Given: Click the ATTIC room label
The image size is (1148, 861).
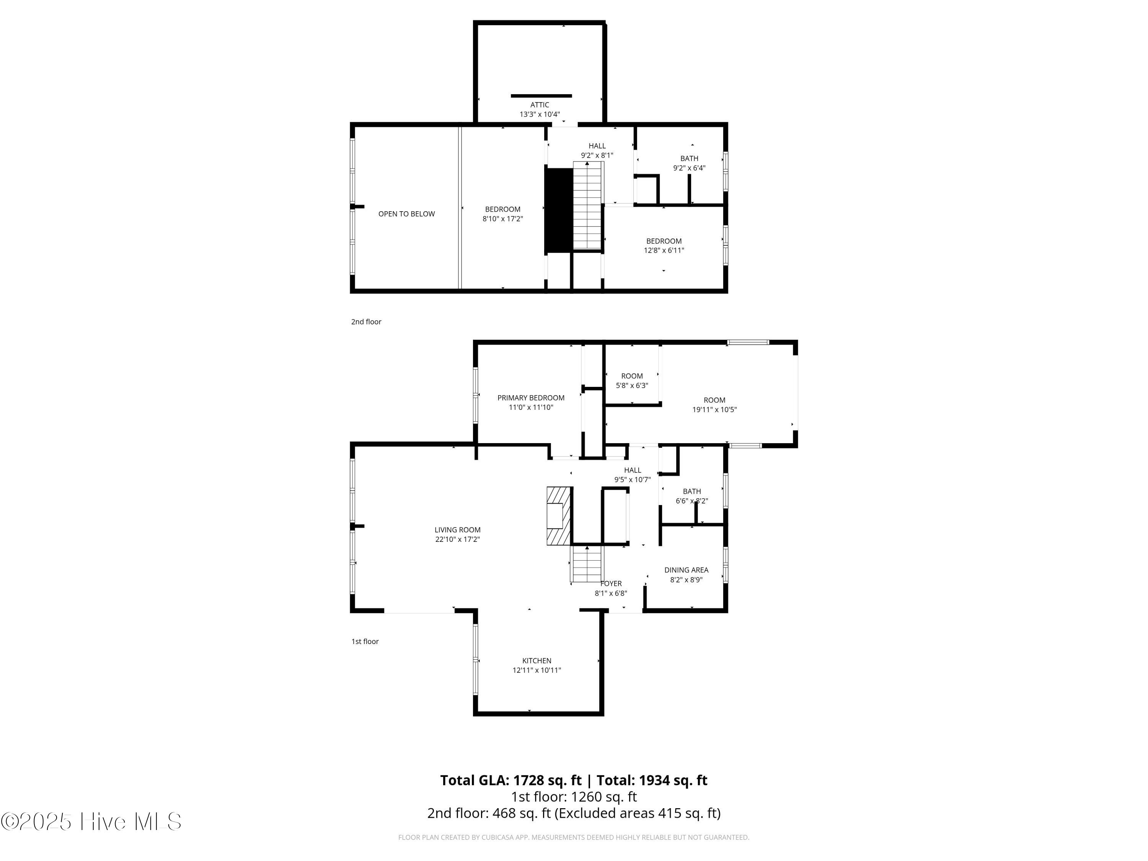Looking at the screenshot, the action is [540, 105].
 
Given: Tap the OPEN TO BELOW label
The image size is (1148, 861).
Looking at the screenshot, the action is [406, 214].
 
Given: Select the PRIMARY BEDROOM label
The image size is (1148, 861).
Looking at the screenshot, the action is [531, 398].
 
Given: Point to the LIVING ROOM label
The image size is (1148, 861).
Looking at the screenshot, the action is [457, 530].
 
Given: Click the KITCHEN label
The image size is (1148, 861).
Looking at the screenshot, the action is [536, 660].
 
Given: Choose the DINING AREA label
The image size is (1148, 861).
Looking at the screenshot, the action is [686, 570].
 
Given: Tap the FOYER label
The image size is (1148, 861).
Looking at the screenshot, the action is [611, 583].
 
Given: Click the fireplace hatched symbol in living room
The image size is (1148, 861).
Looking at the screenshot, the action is [559, 516].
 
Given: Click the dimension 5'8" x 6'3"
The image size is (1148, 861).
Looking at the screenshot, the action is [632, 386].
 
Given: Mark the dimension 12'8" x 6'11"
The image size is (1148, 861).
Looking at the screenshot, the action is [664, 251].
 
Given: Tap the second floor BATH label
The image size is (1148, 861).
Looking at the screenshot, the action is [689, 158].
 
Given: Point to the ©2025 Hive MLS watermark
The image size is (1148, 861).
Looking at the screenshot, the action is [91, 822].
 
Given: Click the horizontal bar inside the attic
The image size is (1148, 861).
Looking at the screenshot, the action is [541, 96].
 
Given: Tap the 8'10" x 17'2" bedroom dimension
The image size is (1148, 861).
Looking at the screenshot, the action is [502, 219].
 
